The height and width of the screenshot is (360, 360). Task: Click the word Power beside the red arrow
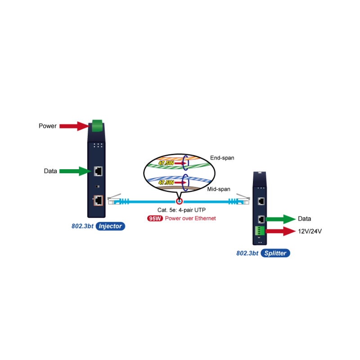[48, 126]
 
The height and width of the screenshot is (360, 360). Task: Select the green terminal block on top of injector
[97, 126]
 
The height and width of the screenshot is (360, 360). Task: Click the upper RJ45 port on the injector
[98, 171]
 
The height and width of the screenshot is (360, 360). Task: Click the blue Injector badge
[110, 226]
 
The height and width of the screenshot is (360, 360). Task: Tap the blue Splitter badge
[275, 253]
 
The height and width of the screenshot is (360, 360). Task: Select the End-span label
[222, 158]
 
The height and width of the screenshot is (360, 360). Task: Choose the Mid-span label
[219, 189]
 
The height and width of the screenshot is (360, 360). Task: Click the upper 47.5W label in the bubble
[166, 163]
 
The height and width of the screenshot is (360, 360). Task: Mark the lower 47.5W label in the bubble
[166, 183]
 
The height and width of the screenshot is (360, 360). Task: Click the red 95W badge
[155, 218]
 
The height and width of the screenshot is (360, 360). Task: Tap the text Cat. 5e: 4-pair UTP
[182, 210]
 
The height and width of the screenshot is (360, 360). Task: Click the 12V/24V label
[310, 231]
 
